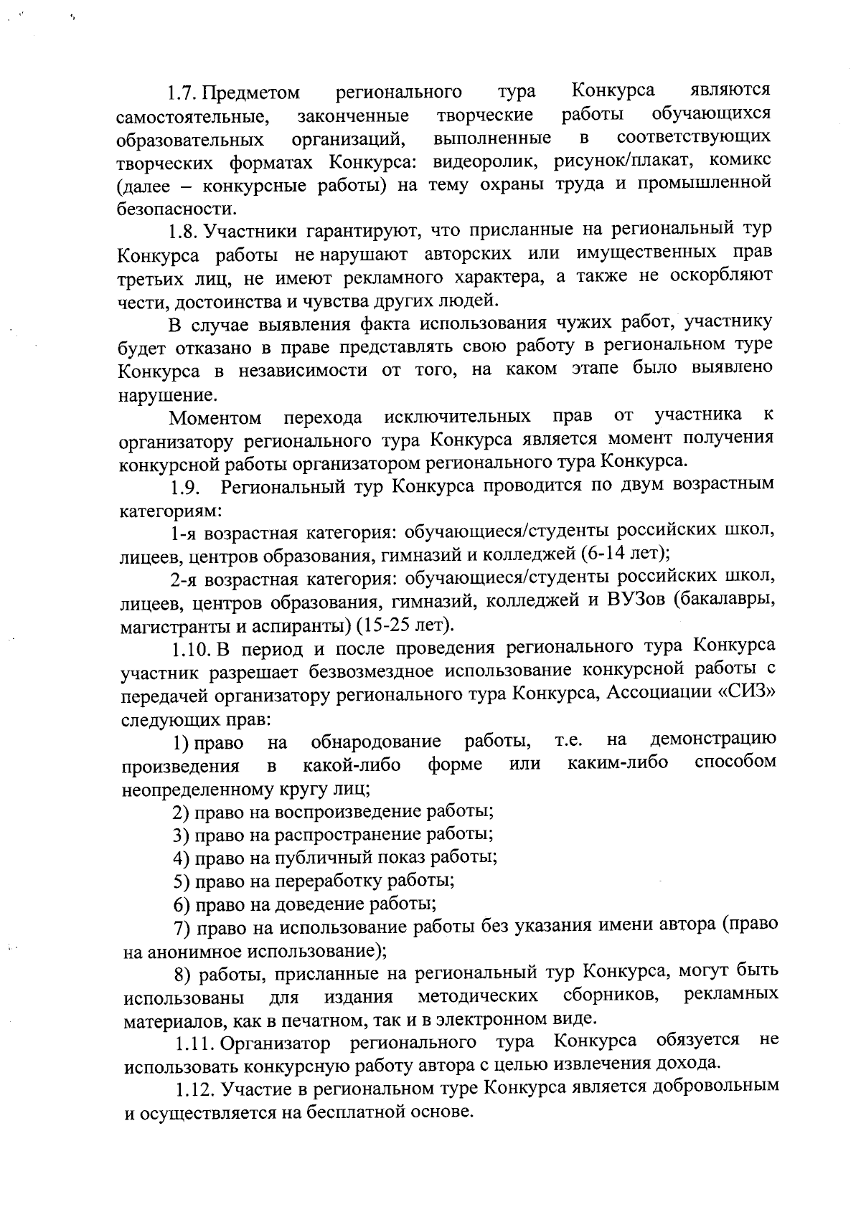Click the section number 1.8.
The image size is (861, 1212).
click(184, 232)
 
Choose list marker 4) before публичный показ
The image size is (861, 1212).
click(181, 857)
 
